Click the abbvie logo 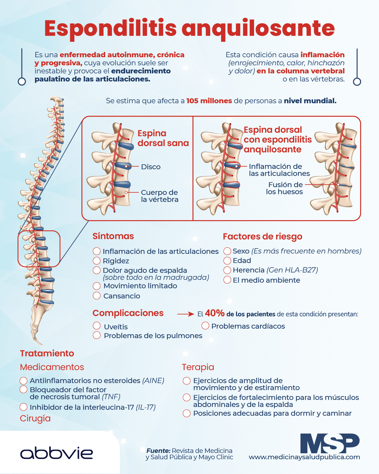pos(56,453)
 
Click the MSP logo pos(330,443)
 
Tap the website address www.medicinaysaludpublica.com pos(304,457)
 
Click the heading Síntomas pos(113,236)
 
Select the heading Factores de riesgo pos(262,237)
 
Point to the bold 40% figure pos(214,313)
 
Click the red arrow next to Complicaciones pos(186,314)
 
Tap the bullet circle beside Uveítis pos(97,325)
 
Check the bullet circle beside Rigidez pos(97,261)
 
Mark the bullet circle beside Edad pos(227,261)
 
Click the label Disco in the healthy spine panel pos(151,167)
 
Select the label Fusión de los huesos pos(284,188)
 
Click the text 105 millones pos(209,101)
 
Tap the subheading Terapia pos(198,367)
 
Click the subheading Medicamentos pos(52,367)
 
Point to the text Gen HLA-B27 pos(292,270)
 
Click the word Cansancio pos(122,296)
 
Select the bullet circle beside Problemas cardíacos pos(205,325)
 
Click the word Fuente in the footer pos(158,450)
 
